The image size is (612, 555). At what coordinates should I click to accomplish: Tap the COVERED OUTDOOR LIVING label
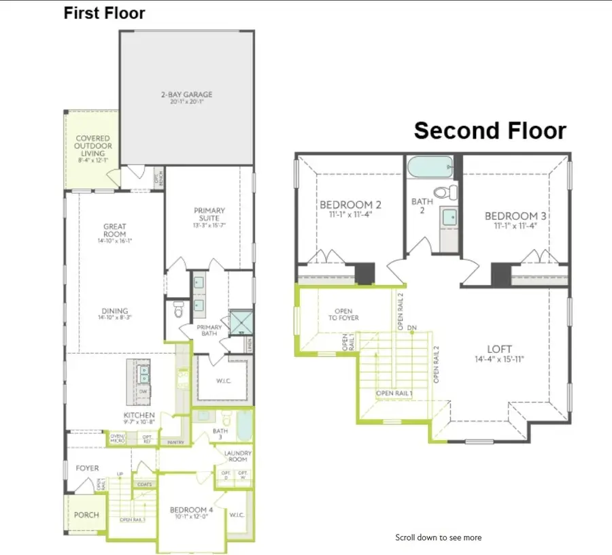pyautogui.click(x=93, y=147)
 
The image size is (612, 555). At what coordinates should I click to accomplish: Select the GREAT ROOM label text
pyautogui.click(x=115, y=231)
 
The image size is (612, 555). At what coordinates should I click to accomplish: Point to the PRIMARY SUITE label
pyautogui.click(x=209, y=215)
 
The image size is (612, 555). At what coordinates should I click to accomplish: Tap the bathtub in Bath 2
pyautogui.click(x=429, y=165)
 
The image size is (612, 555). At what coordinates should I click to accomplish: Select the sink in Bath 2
pyautogui.click(x=449, y=216)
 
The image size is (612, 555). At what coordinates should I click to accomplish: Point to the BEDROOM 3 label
pyautogui.click(x=517, y=216)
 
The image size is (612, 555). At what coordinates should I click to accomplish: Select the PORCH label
pyautogui.click(x=86, y=515)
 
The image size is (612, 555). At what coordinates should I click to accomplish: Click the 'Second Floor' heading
pyautogui.click(x=490, y=130)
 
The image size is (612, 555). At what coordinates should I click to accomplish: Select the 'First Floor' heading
pyautogui.click(x=104, y=13)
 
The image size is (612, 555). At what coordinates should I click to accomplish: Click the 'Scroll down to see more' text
pyautogui.click(x=439, y=537)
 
